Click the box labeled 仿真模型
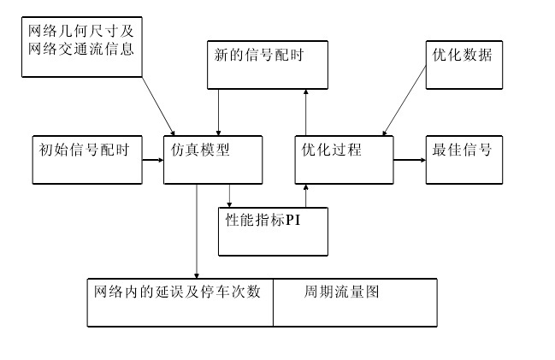coord(212,158)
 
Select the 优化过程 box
coord(344,158)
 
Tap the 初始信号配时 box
coord(86,158)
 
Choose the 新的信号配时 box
coord(267,65)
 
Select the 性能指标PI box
coord(273,231)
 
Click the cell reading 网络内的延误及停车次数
coord(180,302)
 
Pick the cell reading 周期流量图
coord(354,302)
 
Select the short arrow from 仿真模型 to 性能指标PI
coord(229,196)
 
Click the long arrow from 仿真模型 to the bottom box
coord(197,231)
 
